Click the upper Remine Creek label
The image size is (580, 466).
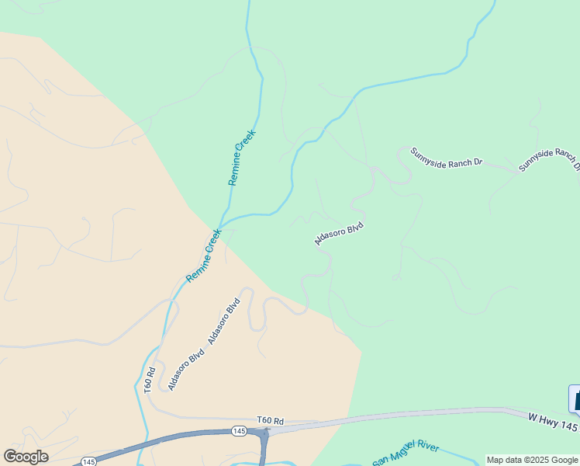(242, 157)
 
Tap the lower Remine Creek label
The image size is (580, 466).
(204, 256)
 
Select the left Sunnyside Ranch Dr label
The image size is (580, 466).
(446, 157)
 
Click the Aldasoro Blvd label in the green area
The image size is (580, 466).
(339, 234)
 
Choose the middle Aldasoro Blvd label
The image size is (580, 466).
(224, 321)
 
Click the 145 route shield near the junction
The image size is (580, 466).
(238, 430)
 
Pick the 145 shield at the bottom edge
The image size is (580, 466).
(89, 461)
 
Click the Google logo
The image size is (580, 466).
(26, 457)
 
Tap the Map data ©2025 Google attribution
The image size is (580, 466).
(532, 460)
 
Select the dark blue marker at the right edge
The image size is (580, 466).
(575, 399)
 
